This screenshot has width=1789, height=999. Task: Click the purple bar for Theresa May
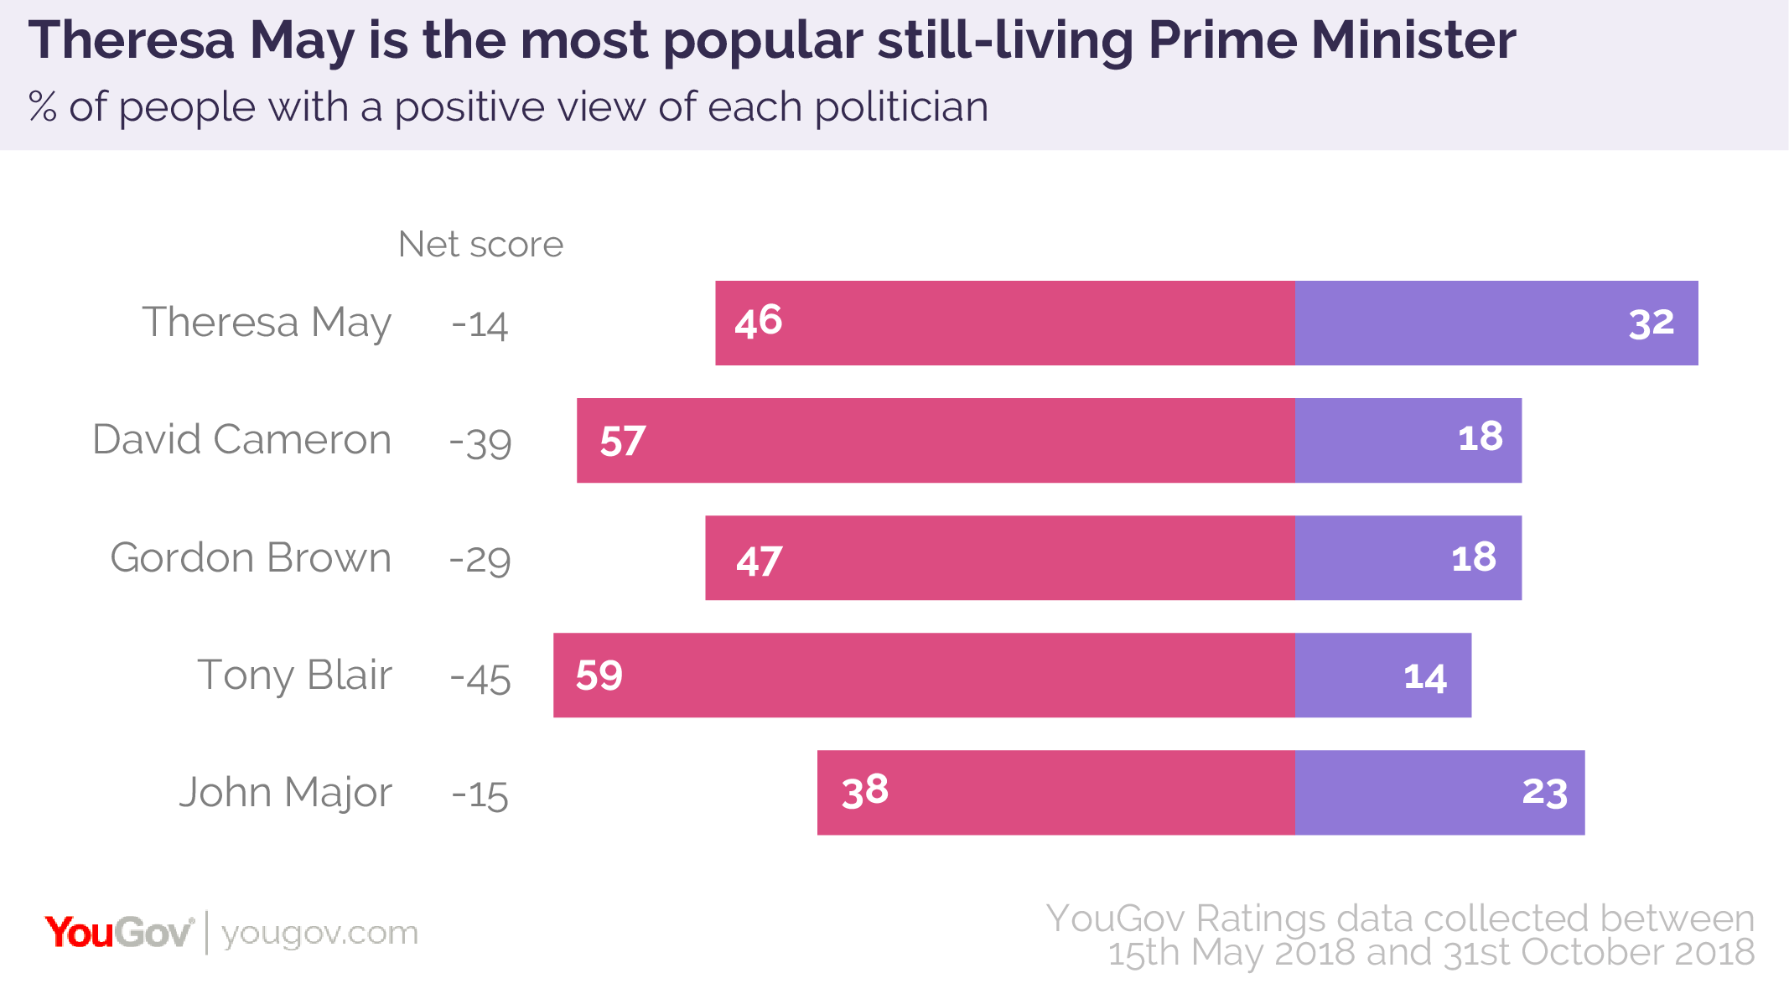1496,323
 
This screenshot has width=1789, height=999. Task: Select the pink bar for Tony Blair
924,675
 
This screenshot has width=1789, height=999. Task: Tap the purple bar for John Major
1439,792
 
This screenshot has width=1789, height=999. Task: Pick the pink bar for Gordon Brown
999,557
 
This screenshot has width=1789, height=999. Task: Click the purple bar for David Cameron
1408,440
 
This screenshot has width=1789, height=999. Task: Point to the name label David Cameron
241,440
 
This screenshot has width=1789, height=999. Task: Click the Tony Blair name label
294,675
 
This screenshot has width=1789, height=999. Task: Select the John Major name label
285,793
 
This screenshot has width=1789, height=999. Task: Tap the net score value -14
480,324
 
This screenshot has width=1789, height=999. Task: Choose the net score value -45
480,677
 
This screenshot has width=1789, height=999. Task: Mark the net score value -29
480,560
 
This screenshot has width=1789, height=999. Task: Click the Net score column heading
480,245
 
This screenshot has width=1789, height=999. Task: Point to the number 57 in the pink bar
622,441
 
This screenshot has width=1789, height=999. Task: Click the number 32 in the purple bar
1651,324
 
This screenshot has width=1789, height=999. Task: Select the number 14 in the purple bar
1424,677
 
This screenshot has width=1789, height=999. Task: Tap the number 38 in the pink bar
864,790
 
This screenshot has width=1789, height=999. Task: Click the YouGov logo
119,933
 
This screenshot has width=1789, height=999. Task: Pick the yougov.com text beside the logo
319,933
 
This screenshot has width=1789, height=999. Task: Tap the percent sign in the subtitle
43,107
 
